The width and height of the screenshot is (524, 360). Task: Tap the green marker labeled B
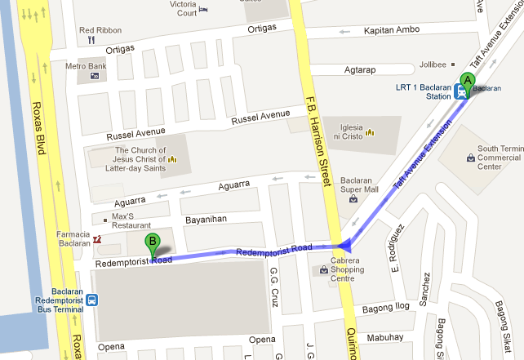(153, 242)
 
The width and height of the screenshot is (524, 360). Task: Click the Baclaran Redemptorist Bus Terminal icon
(94, 300)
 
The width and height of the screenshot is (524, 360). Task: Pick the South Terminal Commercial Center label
(500, 158)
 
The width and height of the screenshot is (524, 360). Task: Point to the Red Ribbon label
(100, 30)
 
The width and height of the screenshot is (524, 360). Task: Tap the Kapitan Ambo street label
(392, 30)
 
